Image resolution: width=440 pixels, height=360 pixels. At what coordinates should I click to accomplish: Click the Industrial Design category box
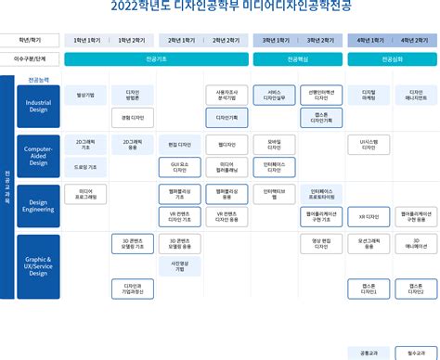click(x=38, y=106)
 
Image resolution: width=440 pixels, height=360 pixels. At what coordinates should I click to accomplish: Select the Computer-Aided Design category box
click(x=38, y=155)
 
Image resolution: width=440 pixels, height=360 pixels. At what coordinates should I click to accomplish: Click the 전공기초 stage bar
click(x=156, y=58)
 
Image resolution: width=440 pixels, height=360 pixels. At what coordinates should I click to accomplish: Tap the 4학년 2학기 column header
click(x=415, y=41)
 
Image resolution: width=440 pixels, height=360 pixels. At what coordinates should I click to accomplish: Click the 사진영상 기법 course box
click(x=179, y=265)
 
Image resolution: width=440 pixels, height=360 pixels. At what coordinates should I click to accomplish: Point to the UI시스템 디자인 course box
click(x=369, y=144)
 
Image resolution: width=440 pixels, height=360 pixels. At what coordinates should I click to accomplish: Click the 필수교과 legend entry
click(x=415, y=354)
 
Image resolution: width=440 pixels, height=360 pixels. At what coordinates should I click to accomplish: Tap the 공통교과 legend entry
click(x=369, y=354)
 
